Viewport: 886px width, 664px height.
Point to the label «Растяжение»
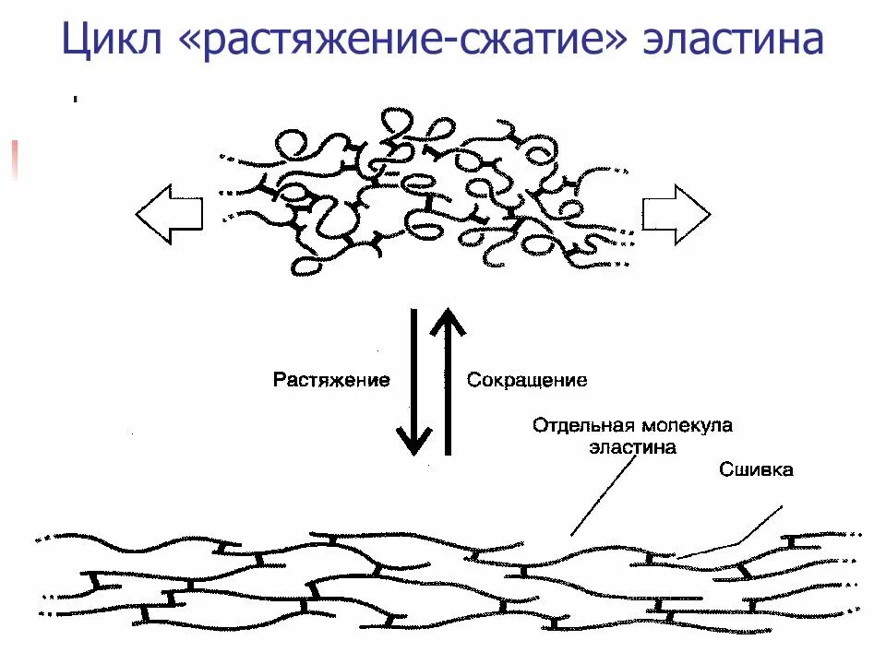[331, 380]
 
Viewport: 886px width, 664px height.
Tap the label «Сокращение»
[527, 380]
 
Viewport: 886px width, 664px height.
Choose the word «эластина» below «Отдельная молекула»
[633, 447]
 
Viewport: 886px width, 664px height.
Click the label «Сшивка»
[756, 470]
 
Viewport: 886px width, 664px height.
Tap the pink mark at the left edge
[14, 159]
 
